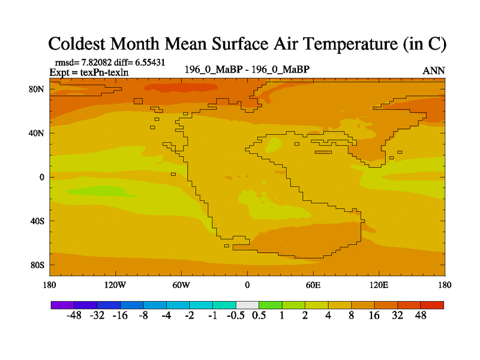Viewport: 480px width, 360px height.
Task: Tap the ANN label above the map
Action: (433, 71)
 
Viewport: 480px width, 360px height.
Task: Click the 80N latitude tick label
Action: (38, 89)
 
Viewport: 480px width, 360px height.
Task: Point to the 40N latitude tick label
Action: (38, 133)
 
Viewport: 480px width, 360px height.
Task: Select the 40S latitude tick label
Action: (38, 221)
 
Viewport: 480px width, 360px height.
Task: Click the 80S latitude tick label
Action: (38, 265)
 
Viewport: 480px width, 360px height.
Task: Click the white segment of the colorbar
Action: (247, 305)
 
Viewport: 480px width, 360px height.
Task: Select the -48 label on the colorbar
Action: (74, 316)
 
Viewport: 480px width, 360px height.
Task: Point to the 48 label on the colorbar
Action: (420, 316)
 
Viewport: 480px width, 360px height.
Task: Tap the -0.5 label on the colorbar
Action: (236, 316)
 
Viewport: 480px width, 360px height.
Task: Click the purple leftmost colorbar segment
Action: (62, 305)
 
